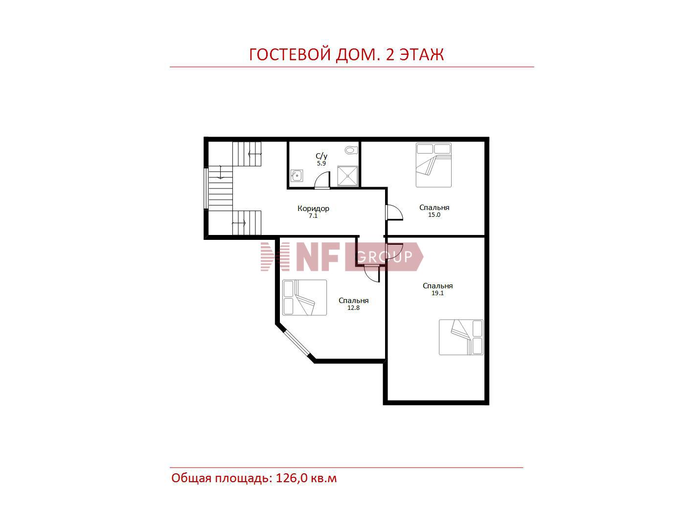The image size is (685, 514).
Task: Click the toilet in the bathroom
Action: coord(351,150)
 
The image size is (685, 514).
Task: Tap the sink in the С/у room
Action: coord(297,176)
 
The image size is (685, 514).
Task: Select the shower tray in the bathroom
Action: coord(347,176)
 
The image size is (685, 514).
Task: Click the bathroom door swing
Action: coord(322,181)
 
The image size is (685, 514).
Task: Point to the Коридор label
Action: coord(313,208)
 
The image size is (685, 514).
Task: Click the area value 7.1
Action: coord(313,216)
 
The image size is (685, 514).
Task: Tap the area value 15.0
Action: coord(434,215)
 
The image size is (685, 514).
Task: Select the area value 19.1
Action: coord(437,293)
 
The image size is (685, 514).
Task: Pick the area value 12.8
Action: coord(354,308)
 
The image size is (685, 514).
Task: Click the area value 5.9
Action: coord(321,163)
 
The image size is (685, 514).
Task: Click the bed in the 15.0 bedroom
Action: coord(434,165)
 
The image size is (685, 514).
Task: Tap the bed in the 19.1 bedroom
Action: coord(461,337)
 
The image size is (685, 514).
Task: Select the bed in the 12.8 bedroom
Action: coord(305,298)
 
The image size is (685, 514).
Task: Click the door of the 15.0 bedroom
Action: coord(394,212)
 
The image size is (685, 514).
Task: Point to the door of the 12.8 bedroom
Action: coord(371,274)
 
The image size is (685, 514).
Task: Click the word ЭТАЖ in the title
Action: coord(422,54)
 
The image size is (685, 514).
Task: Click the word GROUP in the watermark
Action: coord(385,257)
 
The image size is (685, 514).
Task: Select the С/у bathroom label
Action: coord(321,156)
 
